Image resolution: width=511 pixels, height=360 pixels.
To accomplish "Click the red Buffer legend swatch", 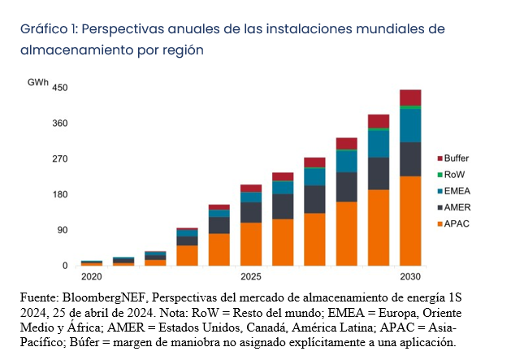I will [x=440, y=158].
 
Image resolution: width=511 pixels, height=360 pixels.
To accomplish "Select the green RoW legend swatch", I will [x=440, y=174].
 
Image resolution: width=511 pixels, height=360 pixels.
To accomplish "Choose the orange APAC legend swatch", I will [x=440, y=223].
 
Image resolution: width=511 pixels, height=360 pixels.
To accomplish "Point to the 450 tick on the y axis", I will [x=60, y=88].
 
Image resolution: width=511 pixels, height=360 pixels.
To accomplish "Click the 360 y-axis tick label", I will [x=60, y=124].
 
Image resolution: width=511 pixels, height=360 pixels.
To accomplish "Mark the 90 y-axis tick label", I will [x=63, y=230].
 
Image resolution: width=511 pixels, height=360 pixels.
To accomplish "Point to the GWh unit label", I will [x=37, y=83].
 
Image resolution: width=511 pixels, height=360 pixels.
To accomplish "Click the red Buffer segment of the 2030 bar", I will [x=409, y=98].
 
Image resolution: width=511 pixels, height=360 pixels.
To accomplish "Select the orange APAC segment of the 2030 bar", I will [x=409, y=220].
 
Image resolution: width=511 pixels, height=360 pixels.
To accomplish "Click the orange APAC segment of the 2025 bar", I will [x=250, y=244].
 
